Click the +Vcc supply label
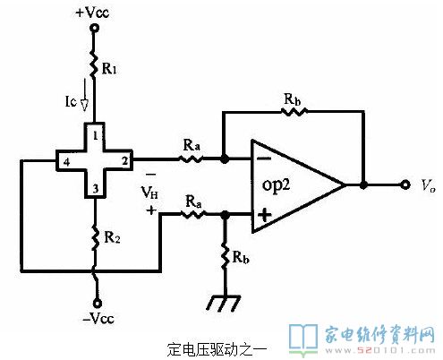92,13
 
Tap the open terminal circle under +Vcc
95,29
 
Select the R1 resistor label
109,69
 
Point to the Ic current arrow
85,95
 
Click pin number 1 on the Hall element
96,136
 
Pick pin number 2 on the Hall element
124,161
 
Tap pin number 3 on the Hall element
96,189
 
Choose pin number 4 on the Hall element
66,162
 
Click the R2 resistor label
112,237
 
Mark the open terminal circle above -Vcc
97,304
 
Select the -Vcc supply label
98,319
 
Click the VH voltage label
149,192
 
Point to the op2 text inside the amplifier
276,185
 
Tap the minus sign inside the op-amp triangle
264,159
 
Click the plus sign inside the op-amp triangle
265,215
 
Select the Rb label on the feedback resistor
292,99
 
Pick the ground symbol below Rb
224,303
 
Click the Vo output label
428,185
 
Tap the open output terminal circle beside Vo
405,185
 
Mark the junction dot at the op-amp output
363,185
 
